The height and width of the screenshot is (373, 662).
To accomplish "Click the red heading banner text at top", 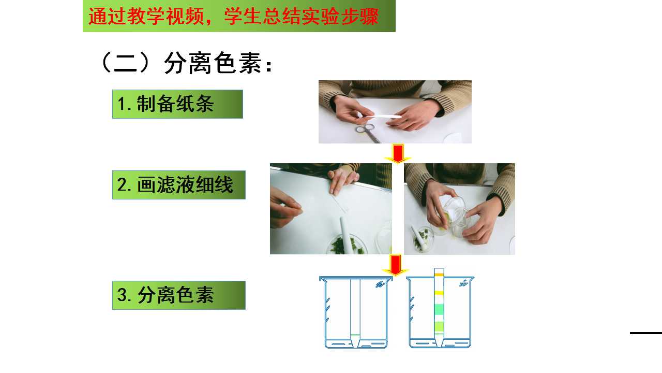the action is pyautogui.click(x=233, y=16).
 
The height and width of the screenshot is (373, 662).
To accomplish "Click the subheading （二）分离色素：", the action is pyautogui.click(x=186, y=63).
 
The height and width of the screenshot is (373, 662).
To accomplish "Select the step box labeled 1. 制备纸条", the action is pyautogui.click(x=177, y=104).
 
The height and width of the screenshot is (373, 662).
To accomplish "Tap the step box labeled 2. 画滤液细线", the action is pyautogui.click(x=178, y=185).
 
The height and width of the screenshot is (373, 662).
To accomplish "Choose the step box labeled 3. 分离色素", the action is pyautogui.click(x=178, y=295).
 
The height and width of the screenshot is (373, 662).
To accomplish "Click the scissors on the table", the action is pyautogui.click(x=368, y=133).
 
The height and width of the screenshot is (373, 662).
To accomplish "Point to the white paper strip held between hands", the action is pyautogui.click(x=381, y=117).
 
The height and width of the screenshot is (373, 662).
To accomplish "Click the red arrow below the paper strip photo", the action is pyautogui.click(x=398, y=153).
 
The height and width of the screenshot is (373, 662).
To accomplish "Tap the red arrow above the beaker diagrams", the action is pyautogui.click(x=396, y=265).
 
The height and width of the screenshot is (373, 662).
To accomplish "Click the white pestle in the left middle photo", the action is pyautogui.click(x=345, y=236).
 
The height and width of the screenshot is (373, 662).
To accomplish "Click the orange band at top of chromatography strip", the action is pyautogui.click(x=439, y=275).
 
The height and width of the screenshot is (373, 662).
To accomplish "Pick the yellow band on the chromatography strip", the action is pyautogui.click(x=439, y=293).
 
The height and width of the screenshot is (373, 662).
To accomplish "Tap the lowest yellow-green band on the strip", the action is pyautogui.click(x=439, y=326).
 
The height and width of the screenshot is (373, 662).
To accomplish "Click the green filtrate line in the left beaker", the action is pyautogui.click(x=355, y=335).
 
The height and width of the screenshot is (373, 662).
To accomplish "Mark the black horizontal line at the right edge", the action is pyautogui.click(x=646, y=333).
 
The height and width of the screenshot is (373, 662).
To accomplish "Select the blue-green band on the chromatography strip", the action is pyautogui.click(x=439, y=309).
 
